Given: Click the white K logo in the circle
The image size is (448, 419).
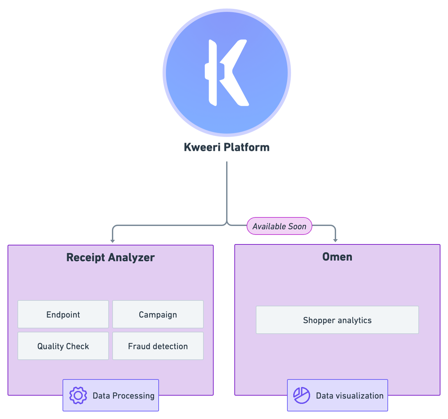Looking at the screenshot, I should pos(226,72).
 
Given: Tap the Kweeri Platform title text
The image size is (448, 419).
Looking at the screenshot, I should pos(226,147).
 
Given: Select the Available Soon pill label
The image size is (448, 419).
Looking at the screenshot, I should pos(279,226).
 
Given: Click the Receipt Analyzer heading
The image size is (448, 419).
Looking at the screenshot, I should pos(110,257).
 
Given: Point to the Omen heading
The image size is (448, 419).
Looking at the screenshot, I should pos(337,257).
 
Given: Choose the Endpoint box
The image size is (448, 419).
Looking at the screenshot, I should pos(63,315).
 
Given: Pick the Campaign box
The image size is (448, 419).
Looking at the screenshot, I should pos(158,315).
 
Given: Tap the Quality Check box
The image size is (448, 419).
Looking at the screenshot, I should pos(63,346).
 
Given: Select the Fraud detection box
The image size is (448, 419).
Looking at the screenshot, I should pos(158,346).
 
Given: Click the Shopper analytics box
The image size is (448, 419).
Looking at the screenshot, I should pos(337,320).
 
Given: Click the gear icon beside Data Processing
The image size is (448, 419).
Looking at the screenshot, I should pos(78,395).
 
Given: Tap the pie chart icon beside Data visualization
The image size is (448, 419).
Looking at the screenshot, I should pos(302,395).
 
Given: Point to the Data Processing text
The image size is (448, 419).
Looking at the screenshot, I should pos(123,396).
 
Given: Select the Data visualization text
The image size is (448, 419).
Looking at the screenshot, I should pos(350,396).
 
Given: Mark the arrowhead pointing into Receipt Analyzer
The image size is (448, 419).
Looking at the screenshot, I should pos(113,241).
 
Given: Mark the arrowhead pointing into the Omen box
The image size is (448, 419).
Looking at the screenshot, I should pos(335,240).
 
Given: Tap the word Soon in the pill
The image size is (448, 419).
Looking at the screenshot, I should pos(297,226).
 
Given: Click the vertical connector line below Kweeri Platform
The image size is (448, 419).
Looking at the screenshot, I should pos(226,191).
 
